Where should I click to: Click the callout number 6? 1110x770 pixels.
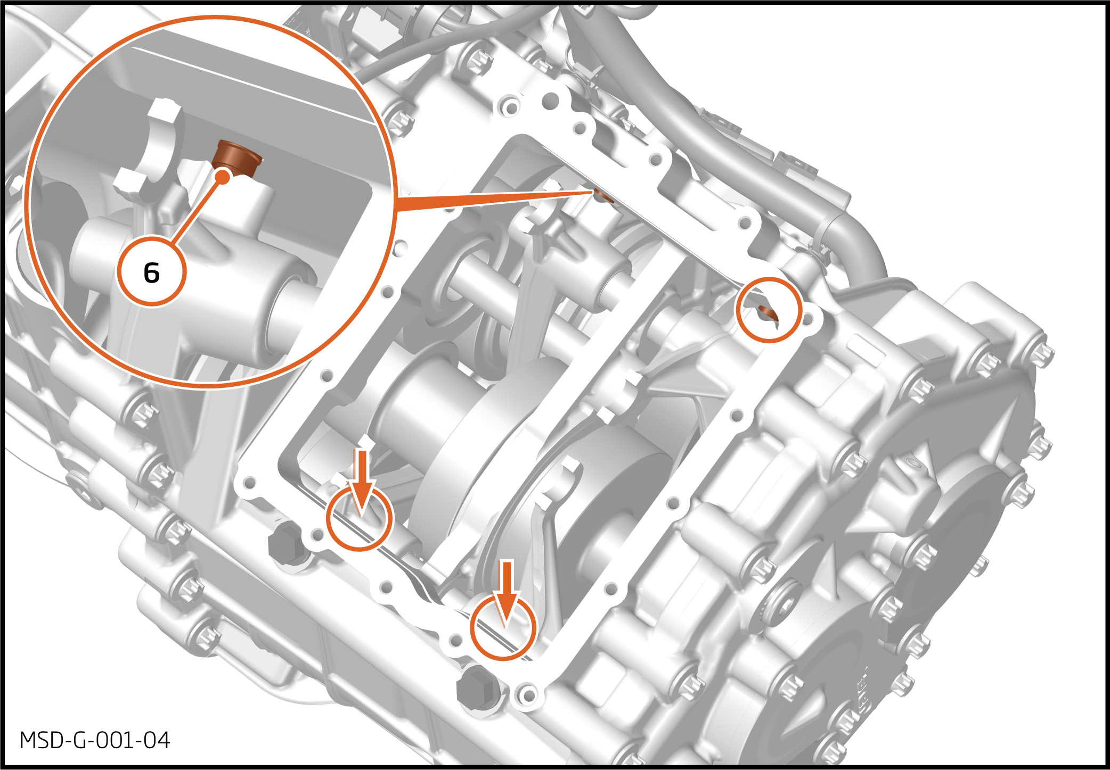tap(152, 273)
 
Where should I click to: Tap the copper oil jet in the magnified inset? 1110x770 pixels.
tap(236, 159)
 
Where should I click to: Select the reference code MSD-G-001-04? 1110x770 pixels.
tap(95, 740)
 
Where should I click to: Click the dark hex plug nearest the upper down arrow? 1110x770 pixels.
tap(285, 542)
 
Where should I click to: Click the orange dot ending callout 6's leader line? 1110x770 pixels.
tap(224, 177)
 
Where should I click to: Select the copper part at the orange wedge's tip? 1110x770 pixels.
tap(603, 196)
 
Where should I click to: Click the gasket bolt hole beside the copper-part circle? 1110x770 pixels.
tap(808, 319)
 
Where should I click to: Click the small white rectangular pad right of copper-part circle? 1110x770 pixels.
tap(867, 350)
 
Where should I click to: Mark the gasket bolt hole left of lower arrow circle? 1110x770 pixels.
tap(456, 640)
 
